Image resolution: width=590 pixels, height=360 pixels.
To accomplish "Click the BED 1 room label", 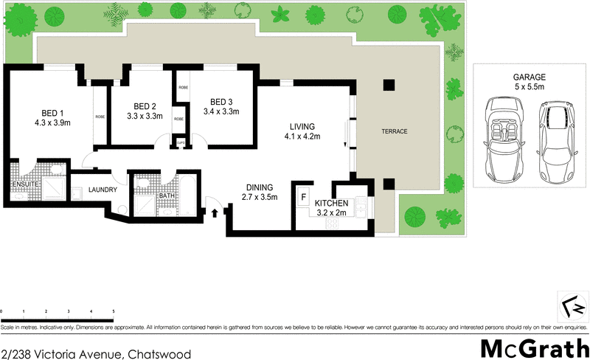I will (x=52, y=113).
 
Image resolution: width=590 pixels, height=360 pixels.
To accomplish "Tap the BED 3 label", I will (x=221, y=102).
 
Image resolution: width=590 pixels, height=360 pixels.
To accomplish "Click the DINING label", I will (x=259, y=187).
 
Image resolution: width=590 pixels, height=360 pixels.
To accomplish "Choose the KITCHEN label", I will (x=330, y=203).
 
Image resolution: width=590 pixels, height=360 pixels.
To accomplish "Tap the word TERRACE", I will (x=394, y=131).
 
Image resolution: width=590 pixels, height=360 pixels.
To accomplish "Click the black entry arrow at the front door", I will (x=215, y=213).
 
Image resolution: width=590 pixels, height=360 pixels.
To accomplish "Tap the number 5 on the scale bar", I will (x=113, y=312).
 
